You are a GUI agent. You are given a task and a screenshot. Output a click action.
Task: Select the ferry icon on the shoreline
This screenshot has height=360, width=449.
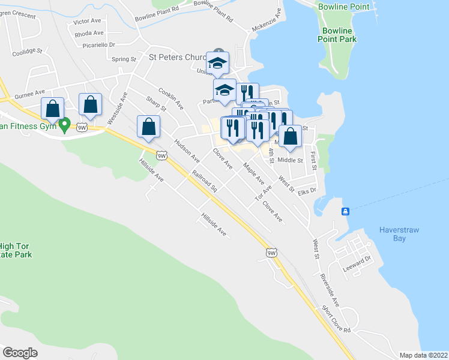tap(346, 211)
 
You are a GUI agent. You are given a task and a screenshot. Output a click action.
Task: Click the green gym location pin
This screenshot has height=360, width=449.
tap(65, 125)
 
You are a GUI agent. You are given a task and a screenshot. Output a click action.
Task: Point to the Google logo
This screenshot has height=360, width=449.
tap(20, 353)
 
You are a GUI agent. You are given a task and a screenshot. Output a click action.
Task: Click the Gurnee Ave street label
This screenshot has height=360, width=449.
tap(30, 92)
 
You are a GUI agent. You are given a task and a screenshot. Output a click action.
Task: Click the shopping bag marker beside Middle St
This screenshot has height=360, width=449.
tap(290, 136)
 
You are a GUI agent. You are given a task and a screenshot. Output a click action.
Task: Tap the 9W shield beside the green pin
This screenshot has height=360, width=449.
tap(82, 127)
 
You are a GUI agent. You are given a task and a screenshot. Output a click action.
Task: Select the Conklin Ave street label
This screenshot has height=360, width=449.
tap(170, 99)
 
